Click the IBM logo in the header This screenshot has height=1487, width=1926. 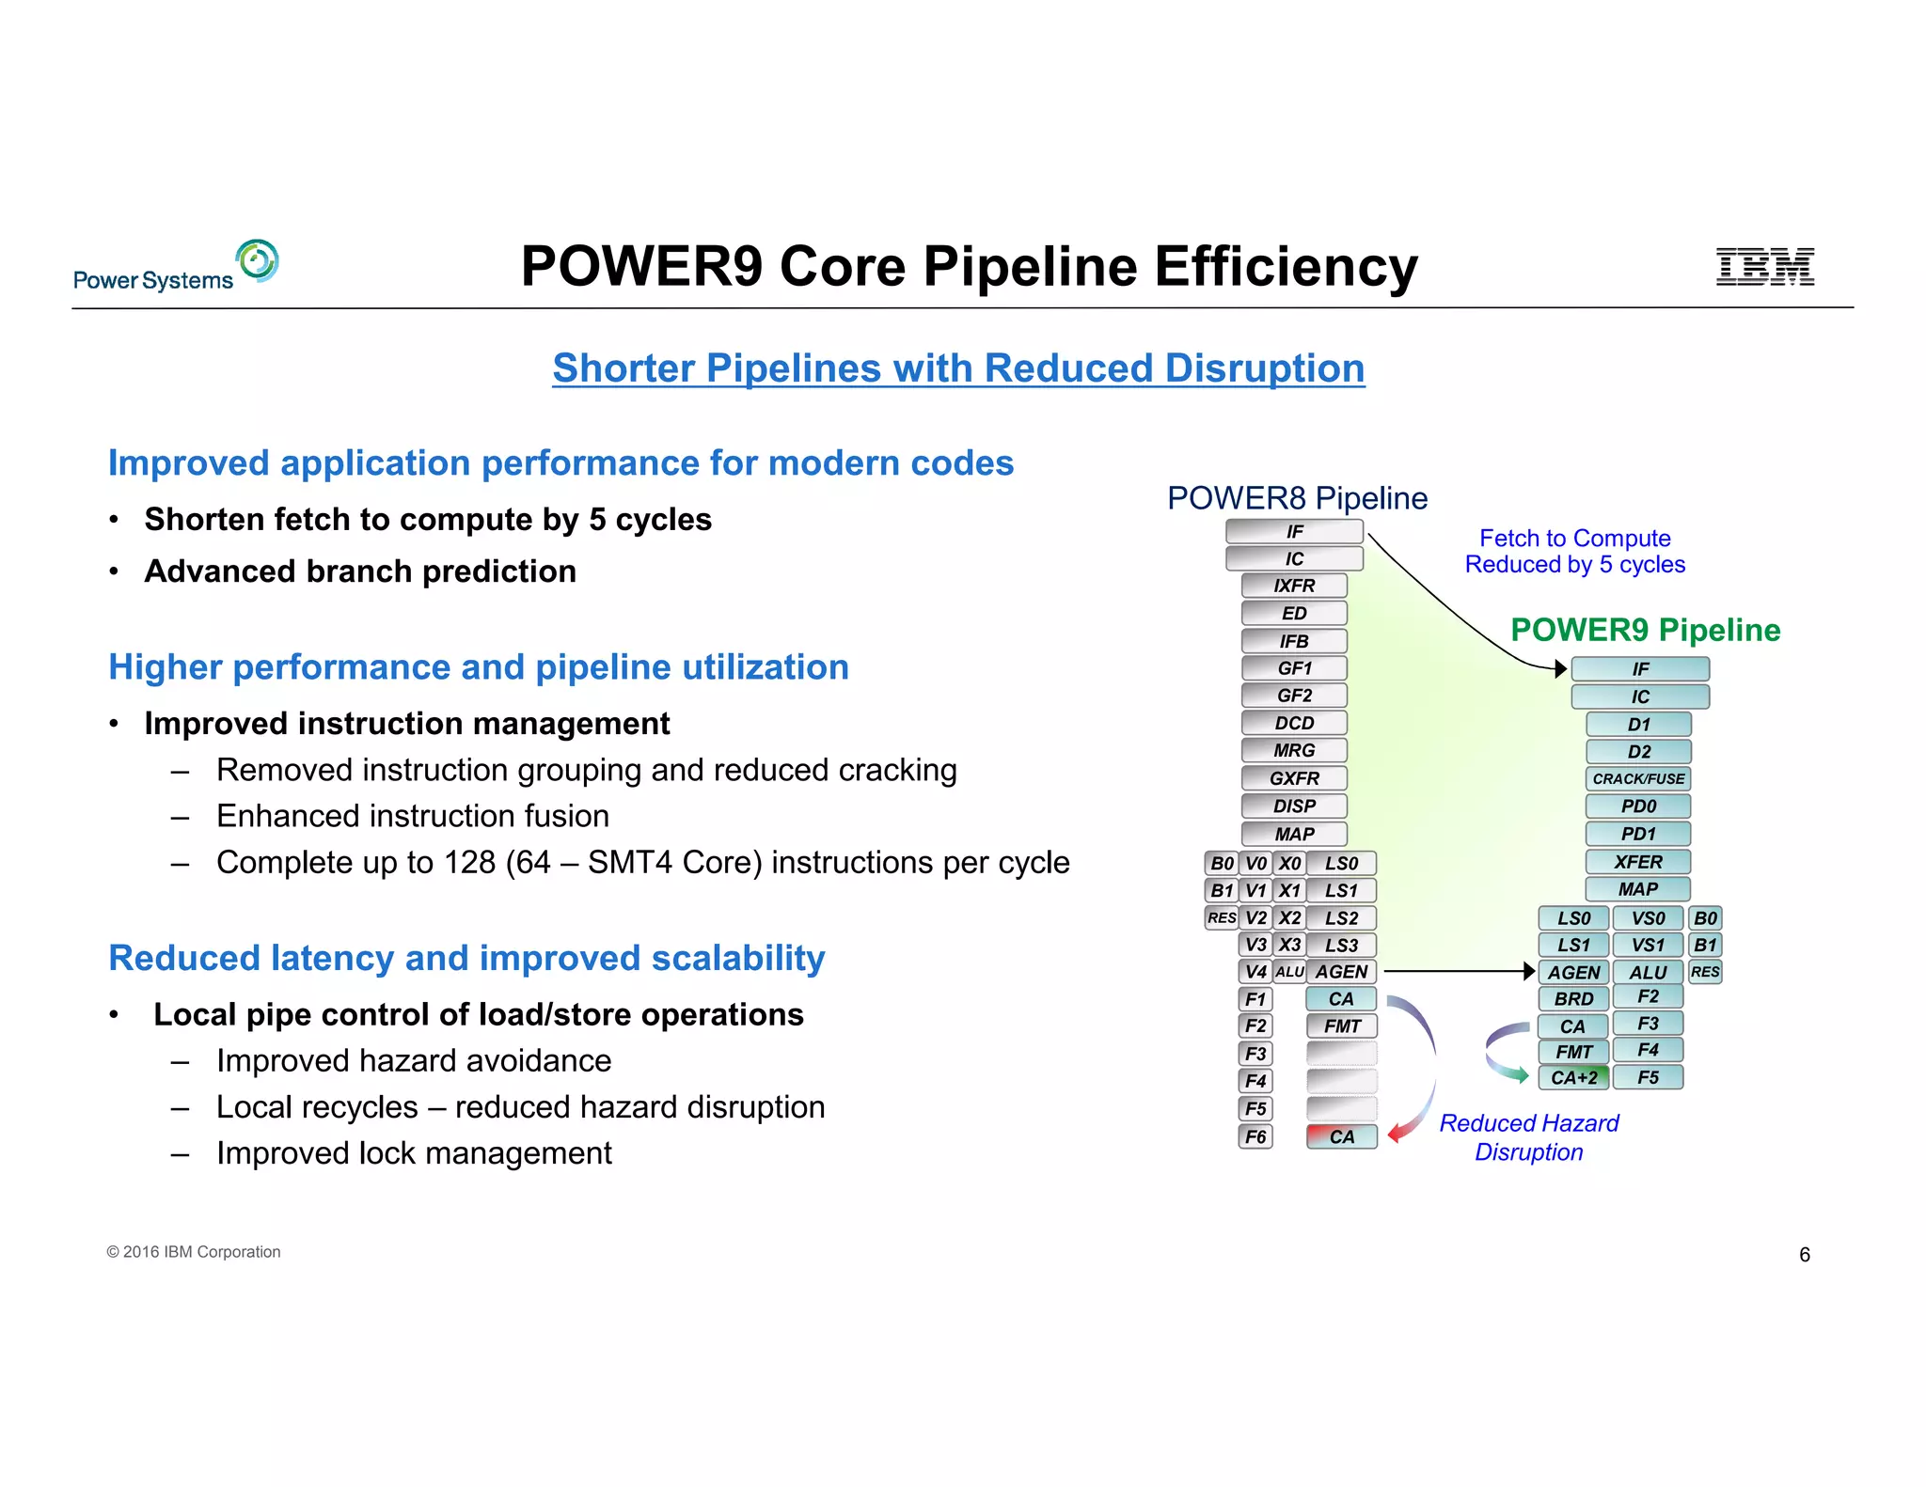(1764, 267)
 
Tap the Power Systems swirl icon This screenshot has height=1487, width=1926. (257, 260)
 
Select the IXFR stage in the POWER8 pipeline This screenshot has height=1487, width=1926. (1294, 586)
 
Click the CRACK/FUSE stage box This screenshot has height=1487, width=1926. (1638, 778)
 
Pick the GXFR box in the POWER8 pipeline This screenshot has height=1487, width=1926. (1294, 778)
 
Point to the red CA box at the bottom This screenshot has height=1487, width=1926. (1341, 1136)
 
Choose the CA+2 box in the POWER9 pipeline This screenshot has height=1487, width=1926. (1573, 1077)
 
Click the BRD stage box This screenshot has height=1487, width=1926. (1573, 998)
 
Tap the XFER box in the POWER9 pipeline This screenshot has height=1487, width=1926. (1638, 861)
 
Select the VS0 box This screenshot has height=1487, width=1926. (1648, 918)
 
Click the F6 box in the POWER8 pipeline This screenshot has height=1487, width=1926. (1255, 1136)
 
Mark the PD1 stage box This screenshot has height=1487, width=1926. (1638, 834)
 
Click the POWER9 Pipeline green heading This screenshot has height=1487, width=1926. (1645, 630)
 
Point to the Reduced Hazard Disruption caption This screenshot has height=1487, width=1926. (1529, 1137)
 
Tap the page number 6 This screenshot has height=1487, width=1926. (1804, 1255)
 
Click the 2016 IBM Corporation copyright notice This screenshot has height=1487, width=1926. (194, 1252)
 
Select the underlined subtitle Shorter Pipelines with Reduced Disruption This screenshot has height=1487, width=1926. (958, 368)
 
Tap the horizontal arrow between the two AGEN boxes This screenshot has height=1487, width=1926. (1458, 971)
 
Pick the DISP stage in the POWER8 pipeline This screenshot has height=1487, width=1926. (1294, 806)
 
